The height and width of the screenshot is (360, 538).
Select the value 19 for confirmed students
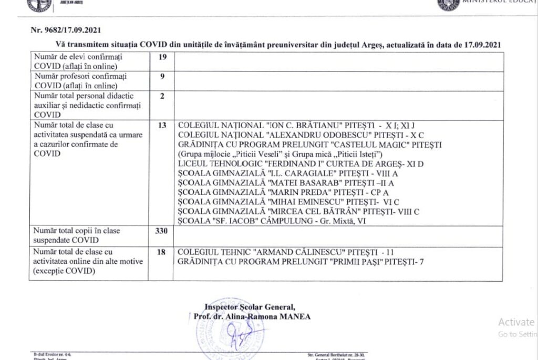point(162,56)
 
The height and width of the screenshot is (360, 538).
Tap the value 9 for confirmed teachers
point(162,76)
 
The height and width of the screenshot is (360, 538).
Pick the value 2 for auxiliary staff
point(162,96)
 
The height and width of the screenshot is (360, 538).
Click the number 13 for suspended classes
point(162,126)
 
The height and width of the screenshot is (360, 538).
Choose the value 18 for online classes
point(162,252)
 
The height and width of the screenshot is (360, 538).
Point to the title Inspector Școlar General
point(250,307)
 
